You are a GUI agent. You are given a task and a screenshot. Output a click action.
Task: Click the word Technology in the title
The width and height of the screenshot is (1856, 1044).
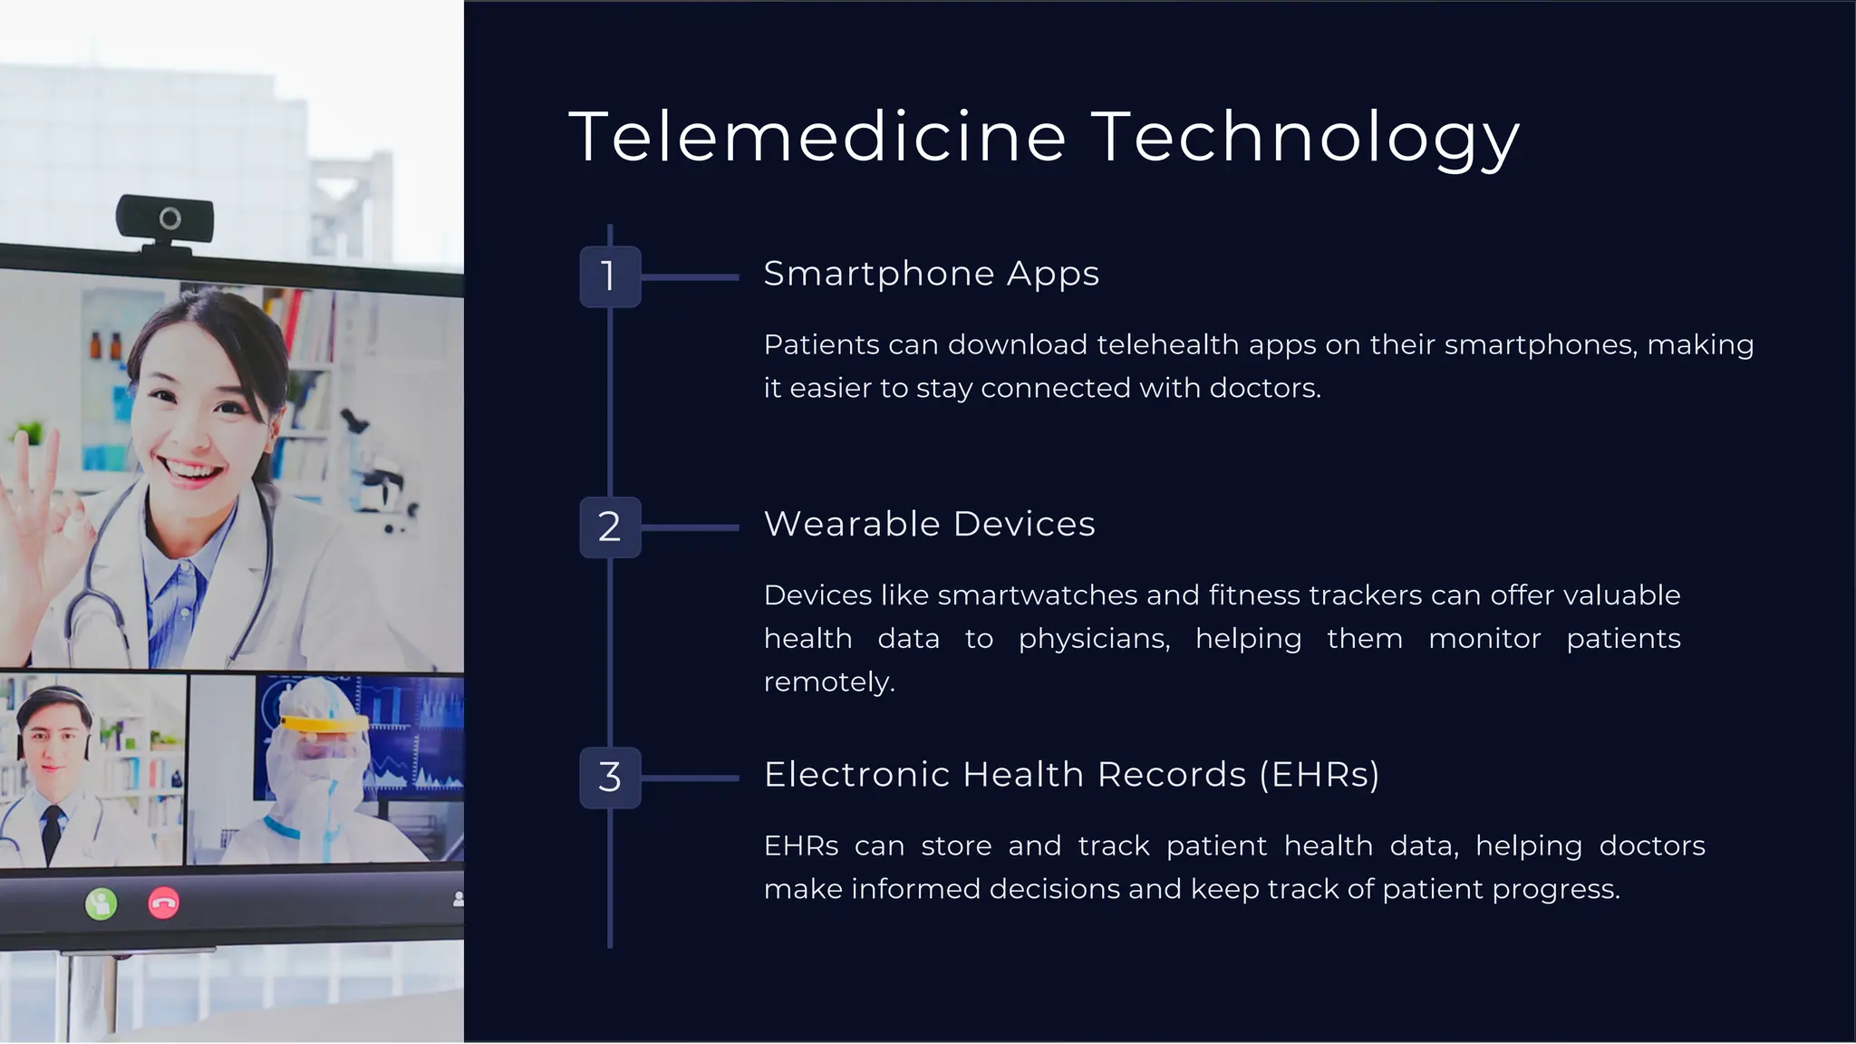1305,137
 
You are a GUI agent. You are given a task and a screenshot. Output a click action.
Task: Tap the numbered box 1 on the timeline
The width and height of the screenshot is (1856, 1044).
610,276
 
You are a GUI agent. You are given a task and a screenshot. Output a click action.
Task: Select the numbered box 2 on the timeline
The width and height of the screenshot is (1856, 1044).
610,527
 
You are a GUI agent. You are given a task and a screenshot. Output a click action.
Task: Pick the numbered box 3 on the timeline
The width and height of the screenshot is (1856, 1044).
610,778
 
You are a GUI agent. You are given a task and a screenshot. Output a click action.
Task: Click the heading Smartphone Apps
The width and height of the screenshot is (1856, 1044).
931,274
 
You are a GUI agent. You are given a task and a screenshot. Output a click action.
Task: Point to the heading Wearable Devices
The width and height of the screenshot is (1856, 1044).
929,525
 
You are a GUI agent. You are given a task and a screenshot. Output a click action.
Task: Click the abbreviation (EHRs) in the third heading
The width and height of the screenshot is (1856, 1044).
1319,775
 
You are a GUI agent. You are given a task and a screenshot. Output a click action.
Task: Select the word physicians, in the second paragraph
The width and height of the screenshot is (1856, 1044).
1094,639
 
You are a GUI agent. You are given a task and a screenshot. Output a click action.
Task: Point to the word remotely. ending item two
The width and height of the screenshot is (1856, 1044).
829,681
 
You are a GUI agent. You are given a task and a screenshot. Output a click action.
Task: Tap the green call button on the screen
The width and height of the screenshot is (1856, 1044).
101,904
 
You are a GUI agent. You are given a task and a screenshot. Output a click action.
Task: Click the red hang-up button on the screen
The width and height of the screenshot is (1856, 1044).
163,904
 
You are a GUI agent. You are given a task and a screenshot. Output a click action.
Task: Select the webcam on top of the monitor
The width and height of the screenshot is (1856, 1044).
165,220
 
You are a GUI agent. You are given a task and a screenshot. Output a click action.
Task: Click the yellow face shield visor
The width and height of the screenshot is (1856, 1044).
324,724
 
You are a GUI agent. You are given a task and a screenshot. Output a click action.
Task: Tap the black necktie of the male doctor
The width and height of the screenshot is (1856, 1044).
53,829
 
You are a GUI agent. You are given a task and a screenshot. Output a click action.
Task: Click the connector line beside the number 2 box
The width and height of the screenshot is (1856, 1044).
690,527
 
